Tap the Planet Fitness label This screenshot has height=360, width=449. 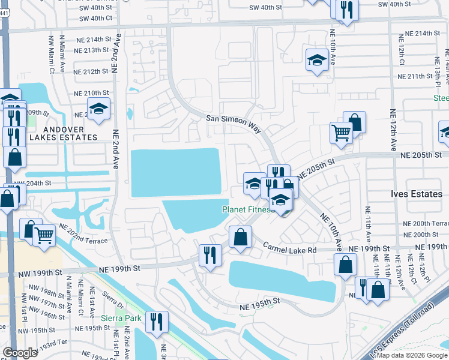(x=248, y=210)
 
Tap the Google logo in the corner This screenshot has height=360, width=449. (x=19, y=353)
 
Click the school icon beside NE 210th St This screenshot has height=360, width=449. (x=99, y=109)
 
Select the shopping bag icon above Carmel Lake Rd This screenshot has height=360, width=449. (x=240, y=236)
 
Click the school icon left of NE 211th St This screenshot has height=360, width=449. (x=316, y=60)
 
